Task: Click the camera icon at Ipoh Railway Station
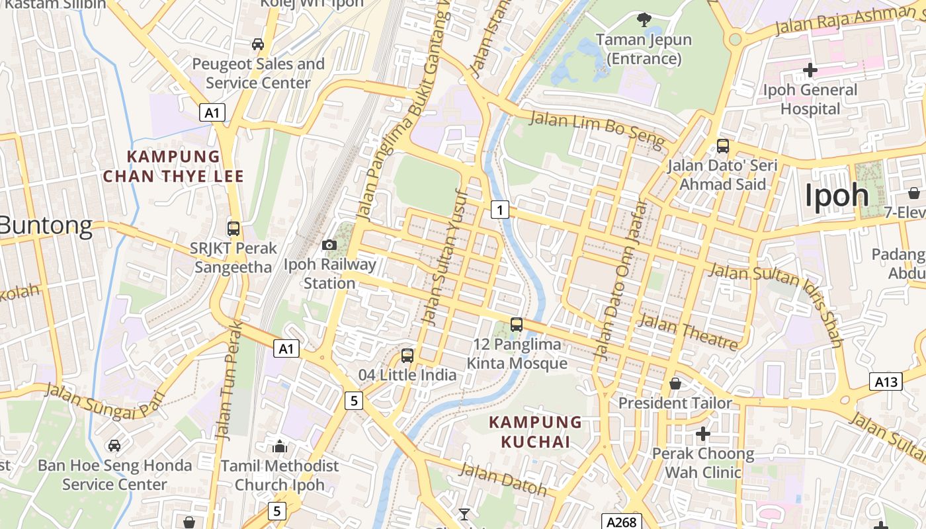tap(329, 245)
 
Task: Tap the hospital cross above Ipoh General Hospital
tap(810, 69)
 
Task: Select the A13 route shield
tap(886, 382)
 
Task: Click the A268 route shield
tap(621, 522)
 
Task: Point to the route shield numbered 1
tap(500, 210)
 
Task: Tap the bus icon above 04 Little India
tap(407, 356)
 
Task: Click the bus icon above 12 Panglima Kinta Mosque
tap(517, 325)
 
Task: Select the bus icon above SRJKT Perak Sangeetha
tap(233, 229)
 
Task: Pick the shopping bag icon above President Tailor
tap(675, 384)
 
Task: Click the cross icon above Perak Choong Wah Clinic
tap(703, 434)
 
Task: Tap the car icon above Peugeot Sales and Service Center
tap(258, 44)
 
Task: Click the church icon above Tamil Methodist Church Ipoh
tap(280, 446)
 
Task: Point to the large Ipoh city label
tap(836, 195)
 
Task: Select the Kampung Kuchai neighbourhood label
tap(535, 432)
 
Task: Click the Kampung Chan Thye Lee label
tap(173, 167)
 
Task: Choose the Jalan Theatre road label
tap(689, 332)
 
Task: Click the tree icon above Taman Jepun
tap(644, 20)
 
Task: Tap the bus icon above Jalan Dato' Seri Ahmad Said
tap(723, 146)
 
